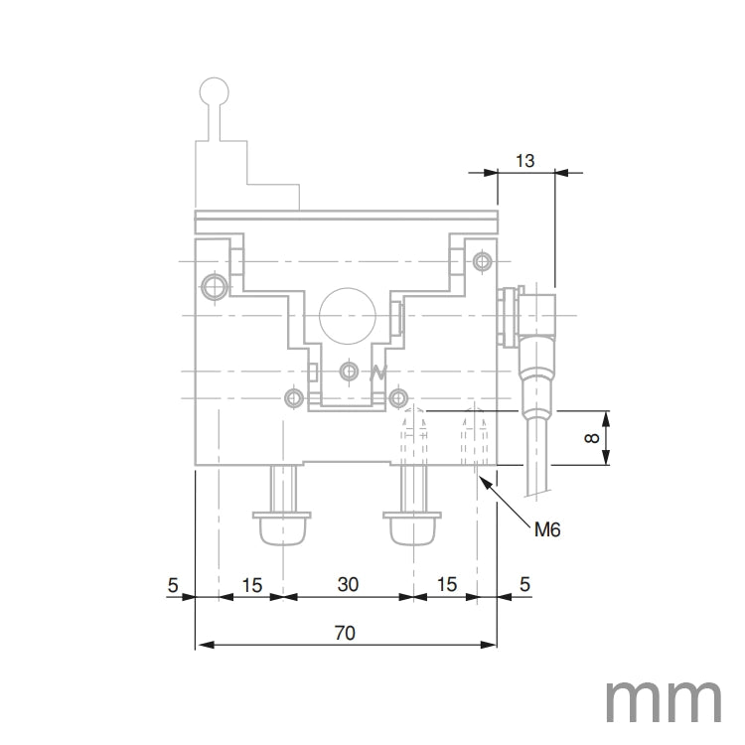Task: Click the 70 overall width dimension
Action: tap(346, 632)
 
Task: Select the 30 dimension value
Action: tap(347, 584)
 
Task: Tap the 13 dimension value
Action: tap(525, 159)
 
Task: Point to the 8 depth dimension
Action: tap(593, 437)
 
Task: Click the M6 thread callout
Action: tap(547, 530)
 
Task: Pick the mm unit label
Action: tap(664, 701)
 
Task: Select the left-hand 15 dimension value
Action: tap(251, 584)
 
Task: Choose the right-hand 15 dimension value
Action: tap(446, 584)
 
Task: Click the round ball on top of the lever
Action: tap(215, 92)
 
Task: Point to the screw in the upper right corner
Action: tap(483, 262)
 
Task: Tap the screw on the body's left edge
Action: tap(212, 288)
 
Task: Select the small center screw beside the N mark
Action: tap(348, 371)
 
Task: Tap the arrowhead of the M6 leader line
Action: tap(482, 480)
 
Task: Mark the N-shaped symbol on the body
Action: tap(376, 373)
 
